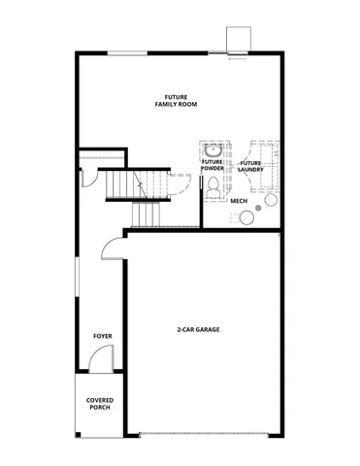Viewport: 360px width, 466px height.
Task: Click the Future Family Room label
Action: point(176,100)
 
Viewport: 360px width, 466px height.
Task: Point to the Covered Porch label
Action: point(98,403)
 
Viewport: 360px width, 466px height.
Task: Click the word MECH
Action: point(238,201)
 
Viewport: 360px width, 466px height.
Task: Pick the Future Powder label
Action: point(213,165)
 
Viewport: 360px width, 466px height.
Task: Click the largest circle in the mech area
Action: point(272,200)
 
